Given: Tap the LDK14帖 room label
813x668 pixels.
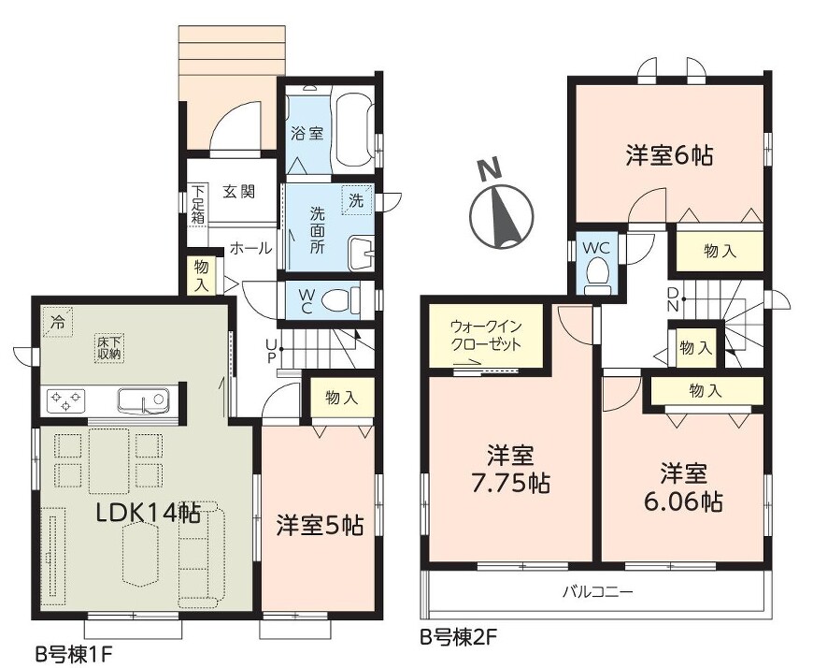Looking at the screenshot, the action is tap(149, 514).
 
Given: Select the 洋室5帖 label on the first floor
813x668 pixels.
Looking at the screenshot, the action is tap(320, 525).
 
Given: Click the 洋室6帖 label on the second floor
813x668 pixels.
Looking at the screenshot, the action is tap(669, 155).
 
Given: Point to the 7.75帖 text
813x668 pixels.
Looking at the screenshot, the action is tap(510, 485).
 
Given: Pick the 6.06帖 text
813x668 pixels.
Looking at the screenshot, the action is tap(683, 501).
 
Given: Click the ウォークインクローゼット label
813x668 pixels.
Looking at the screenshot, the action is tap(486, 336).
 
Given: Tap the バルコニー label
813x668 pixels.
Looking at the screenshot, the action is tap(598, 591).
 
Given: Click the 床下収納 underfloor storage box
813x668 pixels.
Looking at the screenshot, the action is tap(109, 348).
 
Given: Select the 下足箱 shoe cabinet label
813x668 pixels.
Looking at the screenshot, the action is tap(197, 204).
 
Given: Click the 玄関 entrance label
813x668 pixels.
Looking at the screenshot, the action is tap(239, 192).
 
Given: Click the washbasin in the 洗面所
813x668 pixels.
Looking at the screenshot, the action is tap(361, 254).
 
